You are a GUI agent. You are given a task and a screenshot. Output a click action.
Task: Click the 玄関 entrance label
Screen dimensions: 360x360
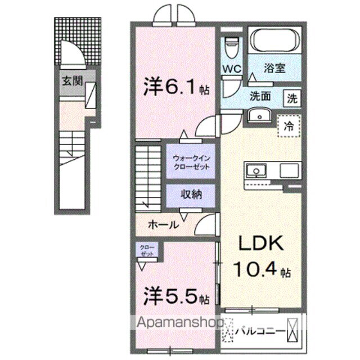[x=71, y=80]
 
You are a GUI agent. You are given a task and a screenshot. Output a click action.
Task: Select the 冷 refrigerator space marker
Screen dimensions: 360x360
[x=289, y=123]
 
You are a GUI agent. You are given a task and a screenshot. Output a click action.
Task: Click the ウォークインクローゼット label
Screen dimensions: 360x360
[x=191, y=163]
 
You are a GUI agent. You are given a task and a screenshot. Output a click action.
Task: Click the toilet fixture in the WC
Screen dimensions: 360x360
[x=231, y=44]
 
